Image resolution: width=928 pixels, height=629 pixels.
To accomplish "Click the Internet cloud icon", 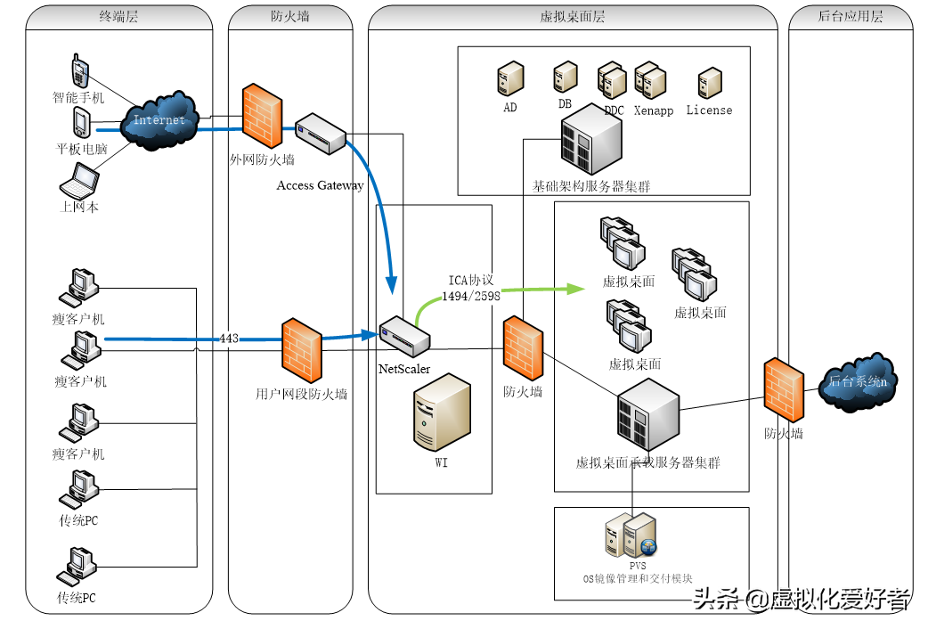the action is click(x=159, y=121).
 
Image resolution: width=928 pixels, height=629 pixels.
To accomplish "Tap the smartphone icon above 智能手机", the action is click(x=80, y=71).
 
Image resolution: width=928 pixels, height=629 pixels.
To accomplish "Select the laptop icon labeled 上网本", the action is click(x=79, y=181).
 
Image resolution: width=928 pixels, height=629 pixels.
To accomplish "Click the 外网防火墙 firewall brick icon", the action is click(x=262, y=116).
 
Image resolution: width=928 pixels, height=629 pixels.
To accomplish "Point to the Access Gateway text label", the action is click(x=321, y=185).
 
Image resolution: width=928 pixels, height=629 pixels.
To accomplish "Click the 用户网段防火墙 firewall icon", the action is click(x=302, y=351).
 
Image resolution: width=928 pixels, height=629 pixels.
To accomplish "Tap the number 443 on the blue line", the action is click(x=229, y=339).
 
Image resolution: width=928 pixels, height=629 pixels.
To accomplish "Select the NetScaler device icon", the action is click(x=405, y=337).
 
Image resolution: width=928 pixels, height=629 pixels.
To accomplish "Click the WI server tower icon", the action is click(x=442, y=413).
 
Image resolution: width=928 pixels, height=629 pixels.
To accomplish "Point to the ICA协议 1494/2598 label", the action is click(x=471, y=288).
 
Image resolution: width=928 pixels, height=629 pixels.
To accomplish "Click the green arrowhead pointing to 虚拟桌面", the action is click(x=575, y=289).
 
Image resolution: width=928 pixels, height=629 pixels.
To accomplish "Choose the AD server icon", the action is click(x=510, y=78).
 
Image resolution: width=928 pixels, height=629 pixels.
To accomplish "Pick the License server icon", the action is click(x=710, y=83).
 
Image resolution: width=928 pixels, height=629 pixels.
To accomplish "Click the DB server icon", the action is click(x=566, y=77).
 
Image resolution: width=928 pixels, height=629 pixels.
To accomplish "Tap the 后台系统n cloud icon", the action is click(x=859, y=382).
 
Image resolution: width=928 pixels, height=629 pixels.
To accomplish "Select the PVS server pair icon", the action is click(x=631, y=536).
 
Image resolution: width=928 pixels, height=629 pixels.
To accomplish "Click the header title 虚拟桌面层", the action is click(x=573, y=17).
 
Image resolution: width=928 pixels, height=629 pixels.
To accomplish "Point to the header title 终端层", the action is click(x=118, y=16).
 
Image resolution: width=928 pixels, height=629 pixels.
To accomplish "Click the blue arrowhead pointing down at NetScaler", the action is click(x=391, y=285).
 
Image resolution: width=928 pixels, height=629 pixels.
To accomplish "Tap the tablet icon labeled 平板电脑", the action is click(x=82, y=123).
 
